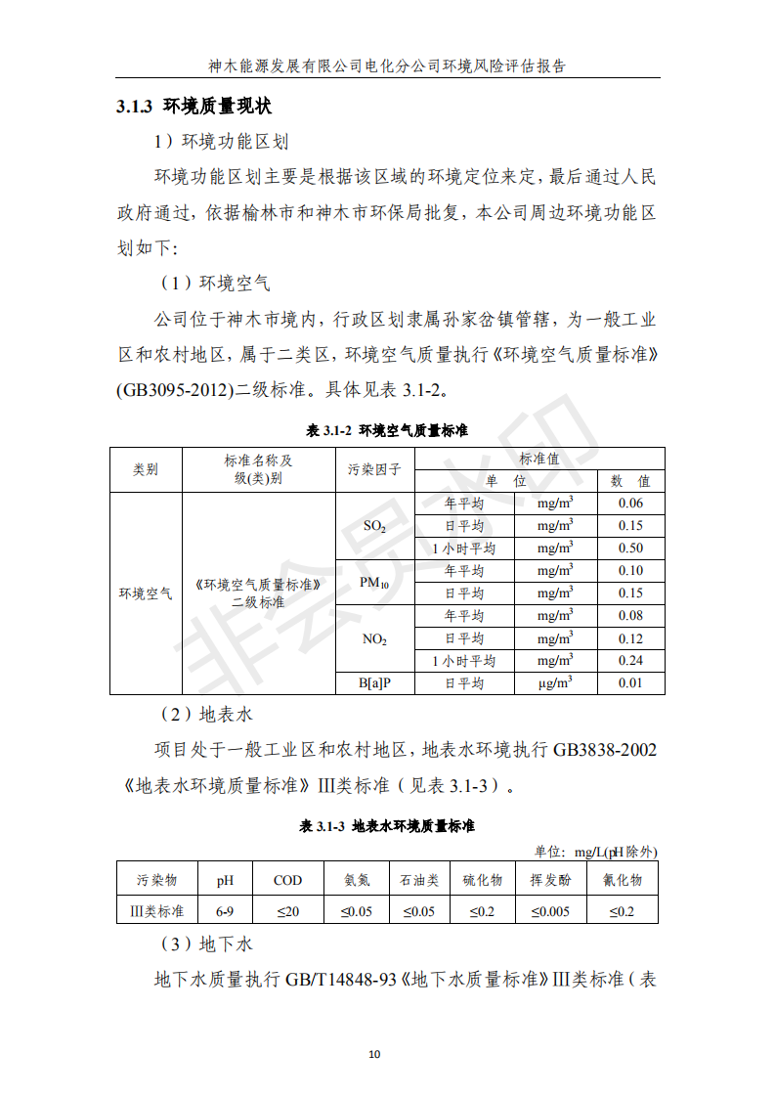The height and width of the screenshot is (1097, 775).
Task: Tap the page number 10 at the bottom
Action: coord(374,1054)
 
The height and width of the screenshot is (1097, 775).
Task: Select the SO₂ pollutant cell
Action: coord(374,526)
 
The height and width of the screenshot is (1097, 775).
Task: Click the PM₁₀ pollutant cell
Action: coord(374,583)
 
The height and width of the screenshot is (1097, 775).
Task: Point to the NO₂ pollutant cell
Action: coord(374,639)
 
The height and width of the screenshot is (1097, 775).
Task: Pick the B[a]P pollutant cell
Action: coord(374,683)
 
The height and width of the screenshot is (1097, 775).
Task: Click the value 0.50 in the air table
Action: coord(630,548)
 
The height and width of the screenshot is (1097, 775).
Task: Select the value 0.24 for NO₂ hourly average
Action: coord(630,661)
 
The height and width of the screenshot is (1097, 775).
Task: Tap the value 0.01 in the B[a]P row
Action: coord(630,683)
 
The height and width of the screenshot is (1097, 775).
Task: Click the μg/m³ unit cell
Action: coord(554,683)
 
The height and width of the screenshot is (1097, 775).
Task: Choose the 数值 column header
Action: coord(630,481)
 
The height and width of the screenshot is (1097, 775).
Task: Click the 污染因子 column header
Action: coord(374,469)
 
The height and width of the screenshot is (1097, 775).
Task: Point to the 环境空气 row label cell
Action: coord(146,593)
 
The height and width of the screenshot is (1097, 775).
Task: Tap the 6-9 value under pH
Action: coord(225,911)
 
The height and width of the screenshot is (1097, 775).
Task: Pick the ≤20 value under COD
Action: coord(287,911)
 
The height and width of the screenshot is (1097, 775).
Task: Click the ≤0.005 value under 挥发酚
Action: coord(550,911)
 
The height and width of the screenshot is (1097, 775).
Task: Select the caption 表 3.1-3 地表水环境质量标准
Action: coord(387,826)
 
